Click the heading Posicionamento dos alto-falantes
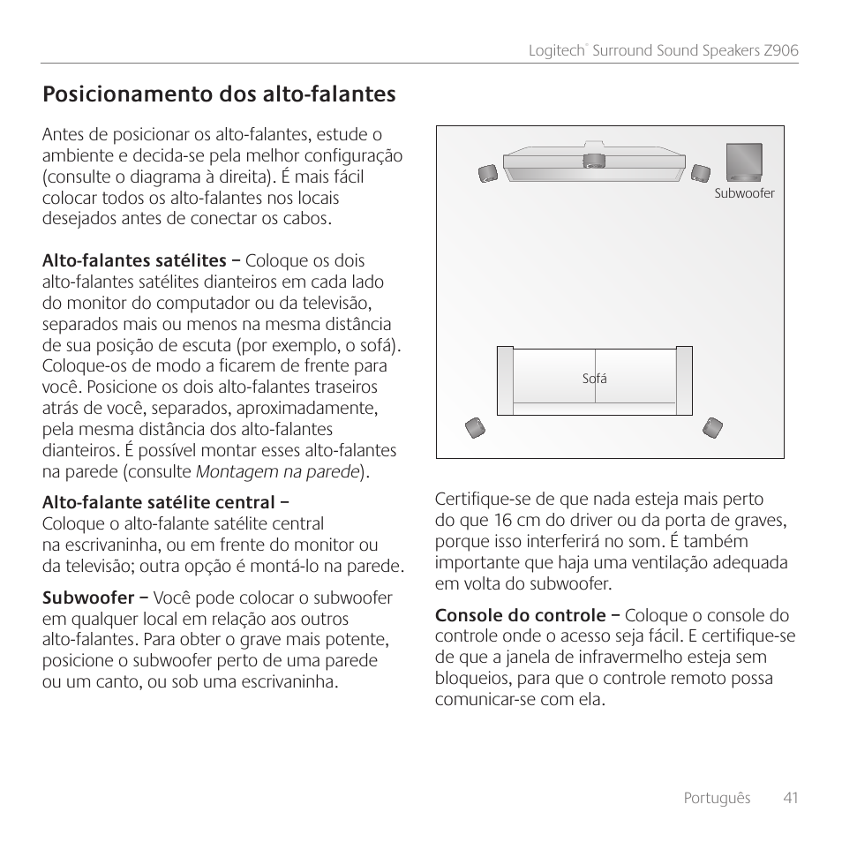pos(219,94)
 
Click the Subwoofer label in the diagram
pos(744,193)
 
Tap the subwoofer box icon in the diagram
pos(745,162)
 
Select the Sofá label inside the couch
pos(594,379)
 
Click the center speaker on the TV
pos(594,161)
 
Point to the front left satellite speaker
pos(487,173)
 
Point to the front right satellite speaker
pos(700,172)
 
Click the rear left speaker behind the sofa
pos(475,429)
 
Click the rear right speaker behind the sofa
pos(712,429)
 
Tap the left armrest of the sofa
pos(505,380)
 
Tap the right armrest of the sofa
pos(683,380)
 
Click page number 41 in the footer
pos(789,798)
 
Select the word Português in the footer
pos(717,798)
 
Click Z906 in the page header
pos(781,51)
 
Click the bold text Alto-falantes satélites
pos(134,261)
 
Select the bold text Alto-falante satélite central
pos(159,503)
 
